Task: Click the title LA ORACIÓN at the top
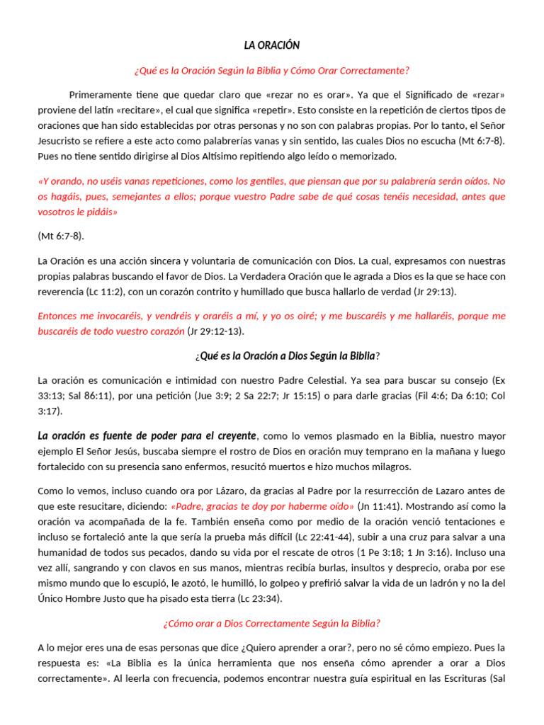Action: tap(272, 45)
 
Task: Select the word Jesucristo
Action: tap(62, 141)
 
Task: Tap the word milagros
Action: tap(385, 467)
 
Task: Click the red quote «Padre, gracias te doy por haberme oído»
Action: tap(261, 506)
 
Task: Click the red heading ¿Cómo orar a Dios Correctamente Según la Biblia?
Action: tap(272, 624)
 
